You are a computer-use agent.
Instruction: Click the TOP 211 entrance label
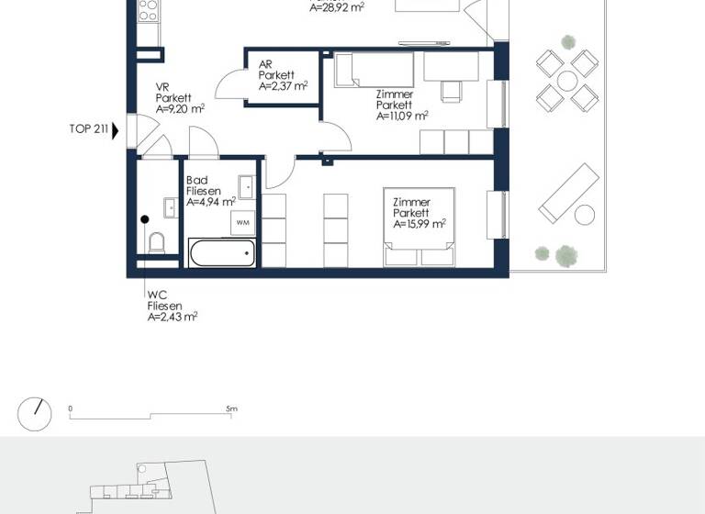pos(88,129)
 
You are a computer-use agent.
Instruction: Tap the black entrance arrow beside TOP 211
pos(115,129)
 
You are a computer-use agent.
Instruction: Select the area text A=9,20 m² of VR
pos(180,108)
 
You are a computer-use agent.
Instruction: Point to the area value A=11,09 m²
pos(402,117)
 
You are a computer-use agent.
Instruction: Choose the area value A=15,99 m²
pos(419,224)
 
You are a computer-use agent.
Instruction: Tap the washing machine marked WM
pos(243,222)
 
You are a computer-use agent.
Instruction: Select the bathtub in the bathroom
pos(221,253)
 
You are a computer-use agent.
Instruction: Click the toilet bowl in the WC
pos(156,243)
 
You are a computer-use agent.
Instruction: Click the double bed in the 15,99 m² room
pos(419,225)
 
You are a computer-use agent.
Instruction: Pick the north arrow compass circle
pos(35,415)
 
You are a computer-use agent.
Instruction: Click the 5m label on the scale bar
pos(232,408)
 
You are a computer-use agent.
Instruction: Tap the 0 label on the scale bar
pos(71,408)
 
